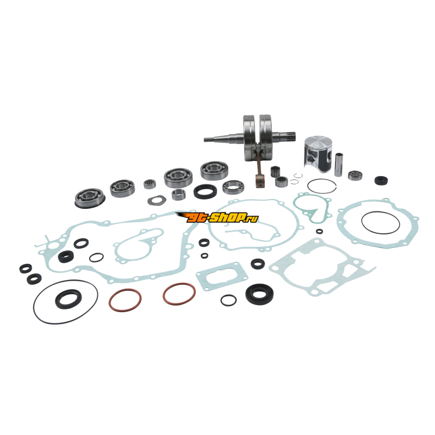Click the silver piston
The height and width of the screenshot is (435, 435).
coord(318,153)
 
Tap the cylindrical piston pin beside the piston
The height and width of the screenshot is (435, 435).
coord(338,165)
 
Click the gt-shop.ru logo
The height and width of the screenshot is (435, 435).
coord(216,217)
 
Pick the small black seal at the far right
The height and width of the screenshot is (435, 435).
coord(381,181)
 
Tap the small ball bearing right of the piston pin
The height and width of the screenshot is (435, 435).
coord(356,175)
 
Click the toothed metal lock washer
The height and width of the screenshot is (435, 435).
coord(157,200)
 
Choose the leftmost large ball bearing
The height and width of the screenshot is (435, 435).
coord(90,197)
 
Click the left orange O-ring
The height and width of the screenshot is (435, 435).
coord(125,300)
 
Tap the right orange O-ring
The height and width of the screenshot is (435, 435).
coord(179,294)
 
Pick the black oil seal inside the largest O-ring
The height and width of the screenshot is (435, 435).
coord(69,299)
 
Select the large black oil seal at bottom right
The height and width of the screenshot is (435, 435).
coord(259,294)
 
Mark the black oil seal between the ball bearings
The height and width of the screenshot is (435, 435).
coord(206,191)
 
